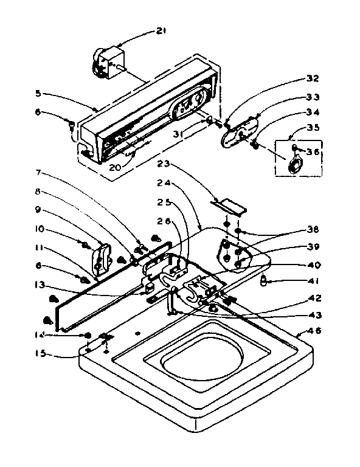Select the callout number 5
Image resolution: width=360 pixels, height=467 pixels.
pyautogui.click(x=38, y=94)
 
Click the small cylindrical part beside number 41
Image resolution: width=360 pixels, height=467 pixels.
pyautogui.click(x=265, y=280)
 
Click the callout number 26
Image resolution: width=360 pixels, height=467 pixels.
pyautogui.click(x=164, y=221)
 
